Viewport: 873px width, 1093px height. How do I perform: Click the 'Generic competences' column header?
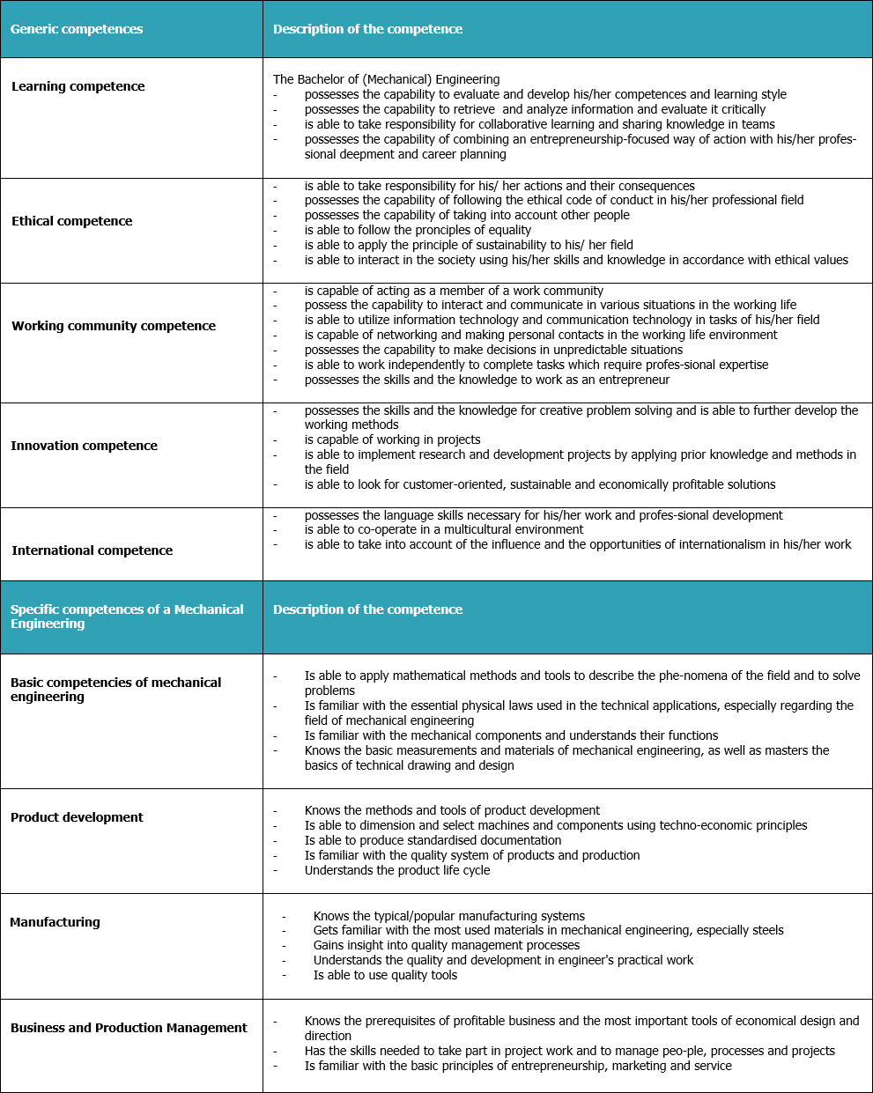[x=77, y=29]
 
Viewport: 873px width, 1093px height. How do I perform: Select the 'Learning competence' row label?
[x=78, y=86]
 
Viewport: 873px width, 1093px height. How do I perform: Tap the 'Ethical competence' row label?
[x=71, y=221]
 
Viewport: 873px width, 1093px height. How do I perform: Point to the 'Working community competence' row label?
[x=113, y=326]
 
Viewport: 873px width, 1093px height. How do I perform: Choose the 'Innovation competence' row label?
[x=84, y=446]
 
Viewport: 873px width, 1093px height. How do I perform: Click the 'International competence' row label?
[x=92, y=550]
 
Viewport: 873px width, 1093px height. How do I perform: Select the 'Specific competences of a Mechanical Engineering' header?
[x=127, y=617]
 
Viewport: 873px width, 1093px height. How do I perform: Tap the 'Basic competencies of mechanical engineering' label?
[x=115, y=690]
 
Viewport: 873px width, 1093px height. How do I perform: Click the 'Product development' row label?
[x=77, y=817]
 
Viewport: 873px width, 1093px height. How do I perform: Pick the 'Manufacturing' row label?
[x=55, y=922]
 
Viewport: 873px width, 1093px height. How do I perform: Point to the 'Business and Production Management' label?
[x=129, y=1028]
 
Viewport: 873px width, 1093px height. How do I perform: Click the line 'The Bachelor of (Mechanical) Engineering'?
[x=386, y=79]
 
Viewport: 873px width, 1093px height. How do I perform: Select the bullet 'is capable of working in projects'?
[x=392, y=439]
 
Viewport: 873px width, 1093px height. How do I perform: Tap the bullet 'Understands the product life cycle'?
[x=396, y=870]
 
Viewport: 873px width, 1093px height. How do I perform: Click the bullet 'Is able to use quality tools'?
[x=385, y=975]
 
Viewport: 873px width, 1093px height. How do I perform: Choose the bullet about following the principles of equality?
[x=418, y=230]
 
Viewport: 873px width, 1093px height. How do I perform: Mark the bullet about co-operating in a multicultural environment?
[x=443, y=529]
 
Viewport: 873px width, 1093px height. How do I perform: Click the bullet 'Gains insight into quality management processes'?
[x=446, y=945]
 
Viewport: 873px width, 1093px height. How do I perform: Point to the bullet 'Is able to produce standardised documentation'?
[x=433, y=840]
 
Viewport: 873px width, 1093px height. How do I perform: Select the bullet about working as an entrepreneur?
[x=486, y=380]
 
